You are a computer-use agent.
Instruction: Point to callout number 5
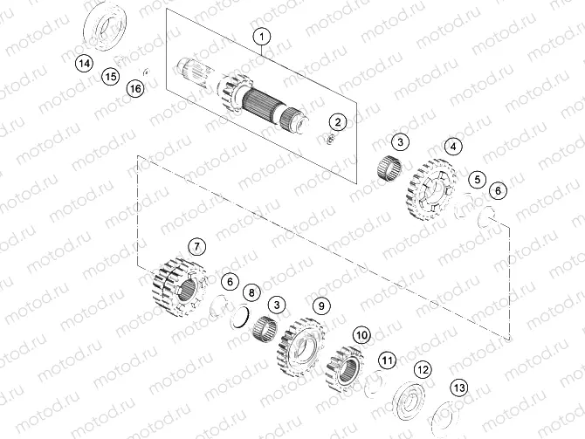[476, 180]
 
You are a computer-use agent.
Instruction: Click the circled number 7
[196, 246]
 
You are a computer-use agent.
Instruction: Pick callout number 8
[251, 292]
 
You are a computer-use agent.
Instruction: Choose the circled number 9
[321, 305]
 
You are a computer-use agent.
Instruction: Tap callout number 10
[361, 334]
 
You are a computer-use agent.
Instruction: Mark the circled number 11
[387, 359]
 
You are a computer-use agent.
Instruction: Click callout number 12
[423, 370]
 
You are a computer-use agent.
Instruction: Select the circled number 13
[458, 388]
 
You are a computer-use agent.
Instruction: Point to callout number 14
[83, 63]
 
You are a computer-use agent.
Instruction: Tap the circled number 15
[109, 77]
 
